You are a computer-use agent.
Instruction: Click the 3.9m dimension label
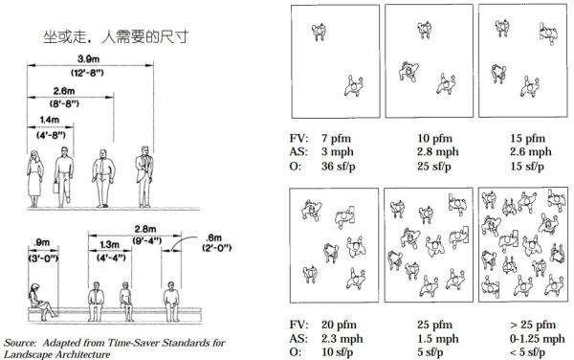point(88,59)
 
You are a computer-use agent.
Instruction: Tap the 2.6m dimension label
point(64,91)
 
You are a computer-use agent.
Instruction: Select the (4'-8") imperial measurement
point(51,135)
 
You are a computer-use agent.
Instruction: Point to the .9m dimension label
point(41,242)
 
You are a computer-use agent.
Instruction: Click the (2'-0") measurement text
point(217,248)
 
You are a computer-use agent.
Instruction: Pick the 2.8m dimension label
point(145,229)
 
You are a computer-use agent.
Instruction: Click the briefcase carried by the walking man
point(56,187)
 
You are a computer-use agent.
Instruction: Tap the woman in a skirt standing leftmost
point(34,178)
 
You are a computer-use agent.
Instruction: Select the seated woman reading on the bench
point(42,301)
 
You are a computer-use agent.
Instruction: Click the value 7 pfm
point(336,139)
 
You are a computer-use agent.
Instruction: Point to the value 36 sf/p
point(339,167)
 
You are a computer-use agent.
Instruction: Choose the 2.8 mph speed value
point(438,151)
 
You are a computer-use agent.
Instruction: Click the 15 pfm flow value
point(527,139)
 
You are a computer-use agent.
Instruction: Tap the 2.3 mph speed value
point(342,339)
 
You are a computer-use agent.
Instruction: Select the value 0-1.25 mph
point(537,339)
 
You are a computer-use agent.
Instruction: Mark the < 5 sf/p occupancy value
point(527,352)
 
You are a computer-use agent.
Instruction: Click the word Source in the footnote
point(20,343)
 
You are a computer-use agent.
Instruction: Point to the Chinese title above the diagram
point(116,36)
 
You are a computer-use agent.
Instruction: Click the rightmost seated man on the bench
point(171,302)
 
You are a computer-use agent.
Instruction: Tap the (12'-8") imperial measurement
point(87,73)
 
